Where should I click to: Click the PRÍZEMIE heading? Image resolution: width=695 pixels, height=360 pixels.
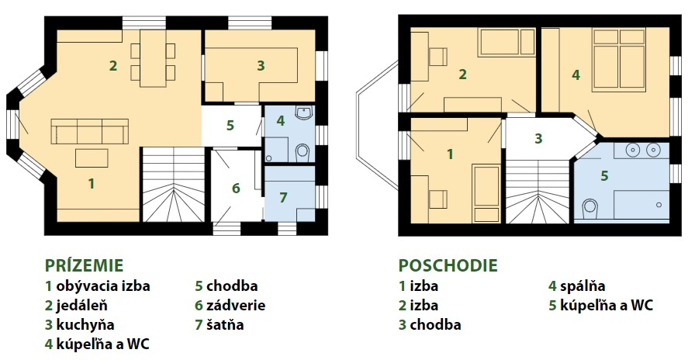point(84,265)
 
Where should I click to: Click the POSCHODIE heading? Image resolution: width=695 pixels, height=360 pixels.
point(448,265)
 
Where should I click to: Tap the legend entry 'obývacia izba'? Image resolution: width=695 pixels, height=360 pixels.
point(103,286)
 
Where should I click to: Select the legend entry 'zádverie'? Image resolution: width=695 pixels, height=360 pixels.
point(236,306)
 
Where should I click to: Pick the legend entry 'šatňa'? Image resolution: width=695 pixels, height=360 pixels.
point(225,324)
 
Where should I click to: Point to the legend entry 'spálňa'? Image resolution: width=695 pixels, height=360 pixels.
point(583,286)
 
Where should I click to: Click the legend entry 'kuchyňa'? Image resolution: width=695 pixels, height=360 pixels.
point(85,325)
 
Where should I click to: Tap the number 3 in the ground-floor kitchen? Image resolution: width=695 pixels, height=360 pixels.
point(261,66)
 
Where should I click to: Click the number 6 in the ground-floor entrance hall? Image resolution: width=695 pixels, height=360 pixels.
point(236,189)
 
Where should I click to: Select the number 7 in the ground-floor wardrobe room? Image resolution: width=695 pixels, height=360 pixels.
point(283,197)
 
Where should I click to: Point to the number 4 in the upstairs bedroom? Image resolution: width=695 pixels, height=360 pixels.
point(576,75)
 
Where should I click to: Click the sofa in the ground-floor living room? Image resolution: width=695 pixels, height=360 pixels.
point(89,131)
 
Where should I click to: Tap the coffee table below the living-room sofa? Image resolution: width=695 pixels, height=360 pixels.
point(92,158)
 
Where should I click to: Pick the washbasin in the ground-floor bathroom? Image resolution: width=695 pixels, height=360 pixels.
point(305,113)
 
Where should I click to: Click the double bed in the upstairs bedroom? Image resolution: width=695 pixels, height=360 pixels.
point(619,61)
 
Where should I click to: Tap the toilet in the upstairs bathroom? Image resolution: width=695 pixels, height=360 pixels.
point(590,206)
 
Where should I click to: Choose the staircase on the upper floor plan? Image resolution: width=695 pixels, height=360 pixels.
point(538,192)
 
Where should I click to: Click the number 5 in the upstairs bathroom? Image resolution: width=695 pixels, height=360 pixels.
point(604,176)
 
